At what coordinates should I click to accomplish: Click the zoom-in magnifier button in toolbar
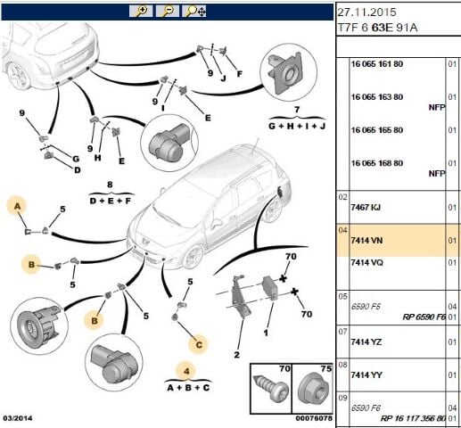click(x=141, y=12)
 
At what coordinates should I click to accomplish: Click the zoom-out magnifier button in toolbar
click(x=168, y=12)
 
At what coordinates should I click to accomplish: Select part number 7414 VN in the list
click(x=366, y=240)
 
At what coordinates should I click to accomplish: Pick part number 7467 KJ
click(x=366, y=207)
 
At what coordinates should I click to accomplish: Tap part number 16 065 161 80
click(x=377, y=64)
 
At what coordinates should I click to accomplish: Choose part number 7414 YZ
click(x=366, y=342)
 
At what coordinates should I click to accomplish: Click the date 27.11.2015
click(x=366, y=12)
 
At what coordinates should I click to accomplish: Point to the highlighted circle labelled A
click(x=17, y=206)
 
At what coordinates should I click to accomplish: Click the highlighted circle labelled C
click(x=199, y=345)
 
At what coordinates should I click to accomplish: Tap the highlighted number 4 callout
click(x=186, y=371)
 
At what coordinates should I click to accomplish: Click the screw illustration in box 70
click(x=270, y=389)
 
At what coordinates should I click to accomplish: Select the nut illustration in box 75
click(x=312, y=389)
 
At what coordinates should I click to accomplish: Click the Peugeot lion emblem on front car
click(x=144, y=241)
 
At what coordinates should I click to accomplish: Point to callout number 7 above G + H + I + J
click(x=297, y=110)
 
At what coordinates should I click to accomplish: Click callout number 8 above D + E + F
click(x=110, y=185)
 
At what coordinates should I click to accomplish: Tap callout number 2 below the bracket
click(x=236, y=355)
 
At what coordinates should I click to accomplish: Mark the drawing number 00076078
click(x=314, y=418)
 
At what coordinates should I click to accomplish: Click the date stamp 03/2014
click(x=19, y=418)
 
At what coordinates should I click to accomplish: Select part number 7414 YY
click(x=366, y=375)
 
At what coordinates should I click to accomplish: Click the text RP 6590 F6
click(x=424, y=317)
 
